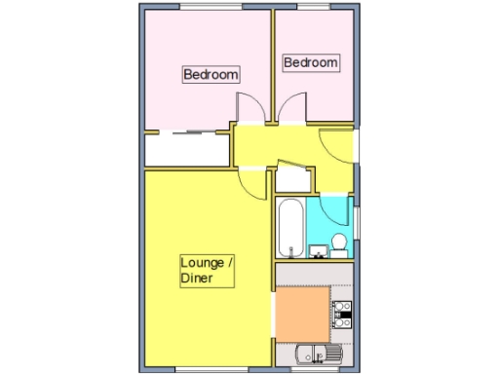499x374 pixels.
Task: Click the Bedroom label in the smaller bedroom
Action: (311, 63)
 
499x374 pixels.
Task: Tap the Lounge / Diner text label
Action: (208, 271)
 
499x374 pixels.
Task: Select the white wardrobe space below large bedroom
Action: (186, 150)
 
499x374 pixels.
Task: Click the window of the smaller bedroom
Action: (312, 9)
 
